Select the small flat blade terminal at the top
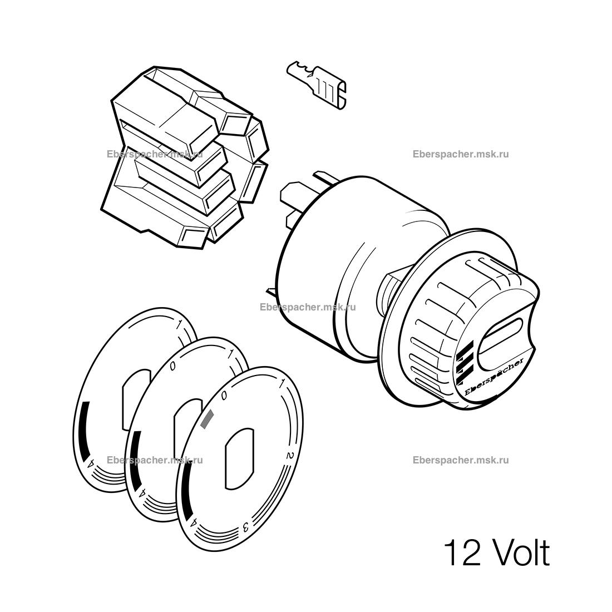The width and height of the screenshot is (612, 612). click(317, 85)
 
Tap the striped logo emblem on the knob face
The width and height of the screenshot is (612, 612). click(465, 361)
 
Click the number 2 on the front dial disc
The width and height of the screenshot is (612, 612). click(290, 455)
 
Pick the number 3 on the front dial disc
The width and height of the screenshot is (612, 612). click(246, 527)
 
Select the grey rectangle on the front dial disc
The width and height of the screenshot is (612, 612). click(207, 419)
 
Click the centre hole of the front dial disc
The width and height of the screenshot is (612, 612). click(240, 458)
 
